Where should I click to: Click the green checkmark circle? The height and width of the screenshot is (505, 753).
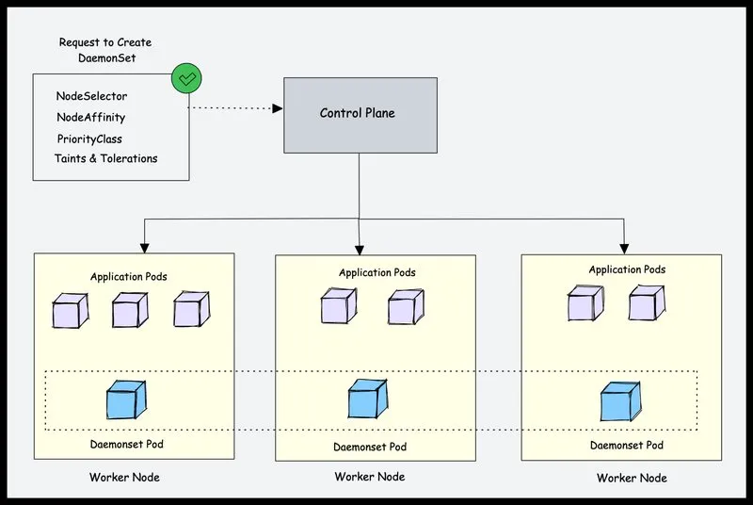point(186,78)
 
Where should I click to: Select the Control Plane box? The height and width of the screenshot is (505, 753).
point(360,115)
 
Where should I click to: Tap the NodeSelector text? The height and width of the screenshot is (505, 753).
point(91,96)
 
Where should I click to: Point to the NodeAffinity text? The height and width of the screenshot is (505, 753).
point(90,118)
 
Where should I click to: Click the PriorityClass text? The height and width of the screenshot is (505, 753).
point(89,138)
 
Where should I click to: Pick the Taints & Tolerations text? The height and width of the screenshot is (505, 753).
point(106,158)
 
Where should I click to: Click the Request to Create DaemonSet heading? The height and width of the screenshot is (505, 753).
point(105,50)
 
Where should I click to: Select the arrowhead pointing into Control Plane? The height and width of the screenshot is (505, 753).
point(278,108)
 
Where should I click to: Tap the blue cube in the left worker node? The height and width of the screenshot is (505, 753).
point(126,399)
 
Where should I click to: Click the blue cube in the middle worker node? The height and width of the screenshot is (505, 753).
point(368,399)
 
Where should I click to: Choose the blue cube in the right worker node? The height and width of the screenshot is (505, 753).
point(620,401)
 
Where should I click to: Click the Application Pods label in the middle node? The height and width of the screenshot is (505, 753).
point(377,273)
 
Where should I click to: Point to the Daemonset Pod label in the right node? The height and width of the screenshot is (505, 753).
point(627,446)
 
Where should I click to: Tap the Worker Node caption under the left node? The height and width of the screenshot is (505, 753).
point(124,477)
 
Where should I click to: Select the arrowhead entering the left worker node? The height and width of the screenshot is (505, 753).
point(145,248)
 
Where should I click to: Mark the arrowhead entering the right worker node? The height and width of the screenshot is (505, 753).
point(624,249)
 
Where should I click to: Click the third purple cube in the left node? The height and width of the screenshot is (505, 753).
point(192,309)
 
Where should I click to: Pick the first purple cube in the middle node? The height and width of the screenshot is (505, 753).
point(339,305)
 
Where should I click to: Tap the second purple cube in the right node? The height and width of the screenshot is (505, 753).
point(647,302)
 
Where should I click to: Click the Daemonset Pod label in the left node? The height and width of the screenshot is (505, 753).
point(127,444)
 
